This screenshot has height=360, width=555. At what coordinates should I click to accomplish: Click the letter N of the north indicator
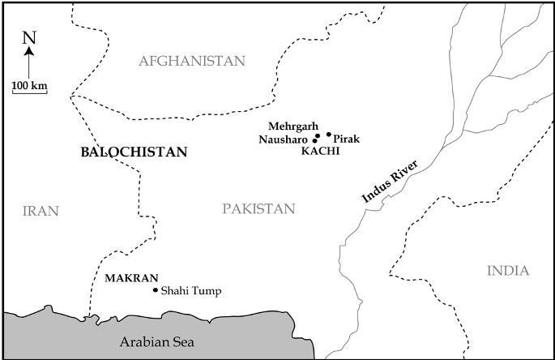[29, 37]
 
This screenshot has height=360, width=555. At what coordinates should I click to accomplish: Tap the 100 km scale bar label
[29, 84]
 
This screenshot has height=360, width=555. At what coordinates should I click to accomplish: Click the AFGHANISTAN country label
[191, 62]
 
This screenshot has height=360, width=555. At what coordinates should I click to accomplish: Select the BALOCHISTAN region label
[134, 152]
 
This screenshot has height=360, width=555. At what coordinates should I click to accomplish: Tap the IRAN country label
[41, 211]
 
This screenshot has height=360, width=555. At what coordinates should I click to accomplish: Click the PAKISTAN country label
[258, 209]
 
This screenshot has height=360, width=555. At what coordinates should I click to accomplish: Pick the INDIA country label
[508, 271]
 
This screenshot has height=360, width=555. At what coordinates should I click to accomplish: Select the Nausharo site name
[284, 139]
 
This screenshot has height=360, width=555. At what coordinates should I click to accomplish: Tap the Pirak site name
[346, 139]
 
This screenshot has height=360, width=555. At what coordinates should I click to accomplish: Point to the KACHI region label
[319, 151]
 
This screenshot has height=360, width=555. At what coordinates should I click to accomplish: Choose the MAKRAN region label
[131, 277]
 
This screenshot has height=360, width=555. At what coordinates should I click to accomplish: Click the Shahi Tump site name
[191, 291]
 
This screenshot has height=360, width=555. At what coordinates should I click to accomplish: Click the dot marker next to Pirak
[329, 135]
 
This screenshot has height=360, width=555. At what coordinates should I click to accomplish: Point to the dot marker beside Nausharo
[315, 140]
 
